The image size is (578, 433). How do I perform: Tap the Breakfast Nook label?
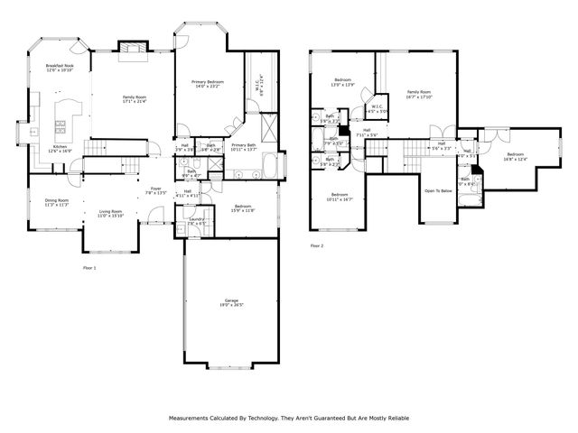(60, 66)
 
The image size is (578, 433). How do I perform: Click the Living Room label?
(110, 211)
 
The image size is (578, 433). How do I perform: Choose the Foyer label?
(155, 189)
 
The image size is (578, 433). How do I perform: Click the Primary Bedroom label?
(208, 82)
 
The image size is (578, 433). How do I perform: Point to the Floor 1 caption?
(89, 268)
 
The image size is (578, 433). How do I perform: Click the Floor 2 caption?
(316, 245)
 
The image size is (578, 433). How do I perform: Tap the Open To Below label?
(438, 191)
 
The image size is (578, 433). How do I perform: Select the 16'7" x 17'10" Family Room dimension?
(418, 97)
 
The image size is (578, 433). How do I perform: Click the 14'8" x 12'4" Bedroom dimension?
(515, 160)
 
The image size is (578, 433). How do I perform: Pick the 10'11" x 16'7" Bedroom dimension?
(340, 199)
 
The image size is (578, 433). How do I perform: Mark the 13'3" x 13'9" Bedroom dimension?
(343, 86)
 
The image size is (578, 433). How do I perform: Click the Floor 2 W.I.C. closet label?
(378, 107)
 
